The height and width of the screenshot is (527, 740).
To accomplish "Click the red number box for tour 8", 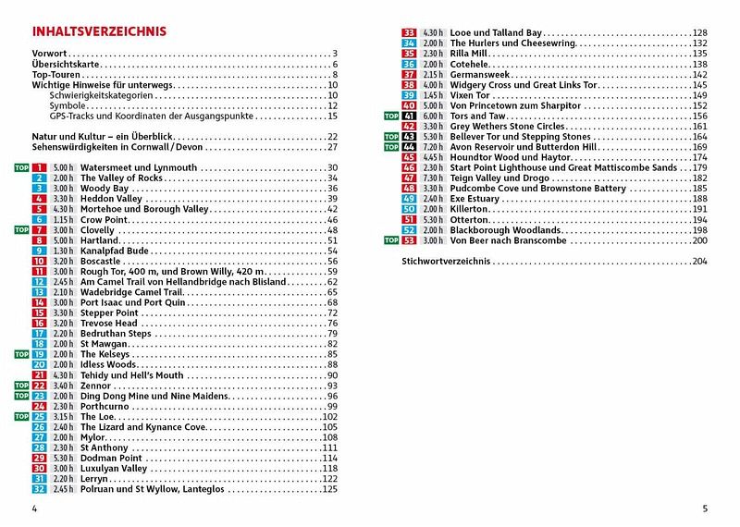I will pos(39,239).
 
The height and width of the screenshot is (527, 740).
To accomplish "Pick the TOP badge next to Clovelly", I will pos(21,229).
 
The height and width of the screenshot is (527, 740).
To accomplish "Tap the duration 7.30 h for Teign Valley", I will pos(433,178).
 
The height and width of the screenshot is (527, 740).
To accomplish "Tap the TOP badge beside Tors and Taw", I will pos(391,116).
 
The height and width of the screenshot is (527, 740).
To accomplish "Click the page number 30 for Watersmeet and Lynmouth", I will pos(332,167).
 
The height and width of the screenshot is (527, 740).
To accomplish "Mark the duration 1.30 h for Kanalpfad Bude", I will pos(63,251).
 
